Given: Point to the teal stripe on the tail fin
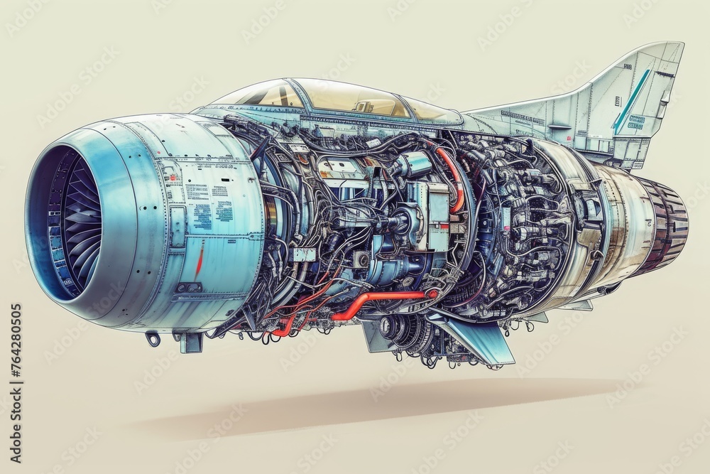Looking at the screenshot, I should click(631, 100).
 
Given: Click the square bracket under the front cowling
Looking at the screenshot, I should click(190, 343).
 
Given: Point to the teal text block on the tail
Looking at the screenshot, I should click(637, 122).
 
